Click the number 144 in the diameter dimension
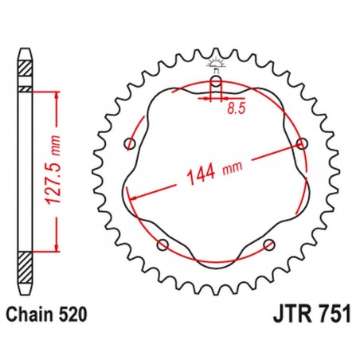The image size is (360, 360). (x=199, y=172)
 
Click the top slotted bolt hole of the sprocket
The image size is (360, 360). (x=215, y=84)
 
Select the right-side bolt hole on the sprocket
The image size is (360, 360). (x=301, y=143)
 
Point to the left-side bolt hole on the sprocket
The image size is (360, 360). (x=130, y=144)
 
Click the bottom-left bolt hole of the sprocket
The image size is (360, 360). (x=162, y=245)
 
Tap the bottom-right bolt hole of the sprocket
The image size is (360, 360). (x=268, y=245)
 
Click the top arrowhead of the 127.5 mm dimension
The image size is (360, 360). (x=57, y=96)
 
